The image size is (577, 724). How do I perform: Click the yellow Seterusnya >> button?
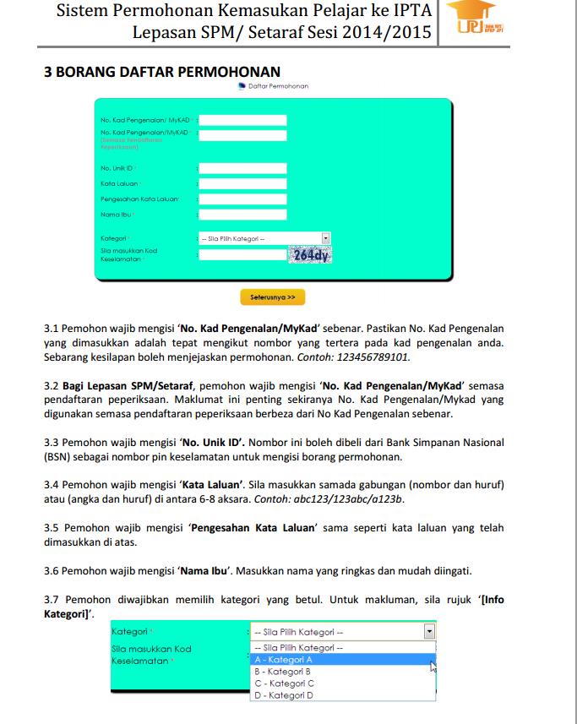(x=272, y=297)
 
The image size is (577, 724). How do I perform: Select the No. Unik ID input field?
(x=242, y=168)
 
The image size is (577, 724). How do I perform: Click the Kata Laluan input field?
(x=242, y=183)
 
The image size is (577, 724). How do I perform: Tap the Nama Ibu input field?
(x=242, y=215)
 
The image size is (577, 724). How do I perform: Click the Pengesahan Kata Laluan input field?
(x=242, y=199)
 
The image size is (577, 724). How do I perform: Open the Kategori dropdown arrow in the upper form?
(x=325, y=239)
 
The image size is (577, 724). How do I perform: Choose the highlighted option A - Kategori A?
(x=284, y=660)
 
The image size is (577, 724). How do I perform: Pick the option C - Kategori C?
(x=284, y=683)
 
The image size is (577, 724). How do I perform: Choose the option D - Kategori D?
(x=284, y=695)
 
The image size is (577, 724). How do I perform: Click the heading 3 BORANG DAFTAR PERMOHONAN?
(x=162, y=72)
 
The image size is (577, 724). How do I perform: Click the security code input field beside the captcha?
(x=242, y=254)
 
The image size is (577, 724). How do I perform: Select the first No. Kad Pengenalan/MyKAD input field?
(x=242, y=120)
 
